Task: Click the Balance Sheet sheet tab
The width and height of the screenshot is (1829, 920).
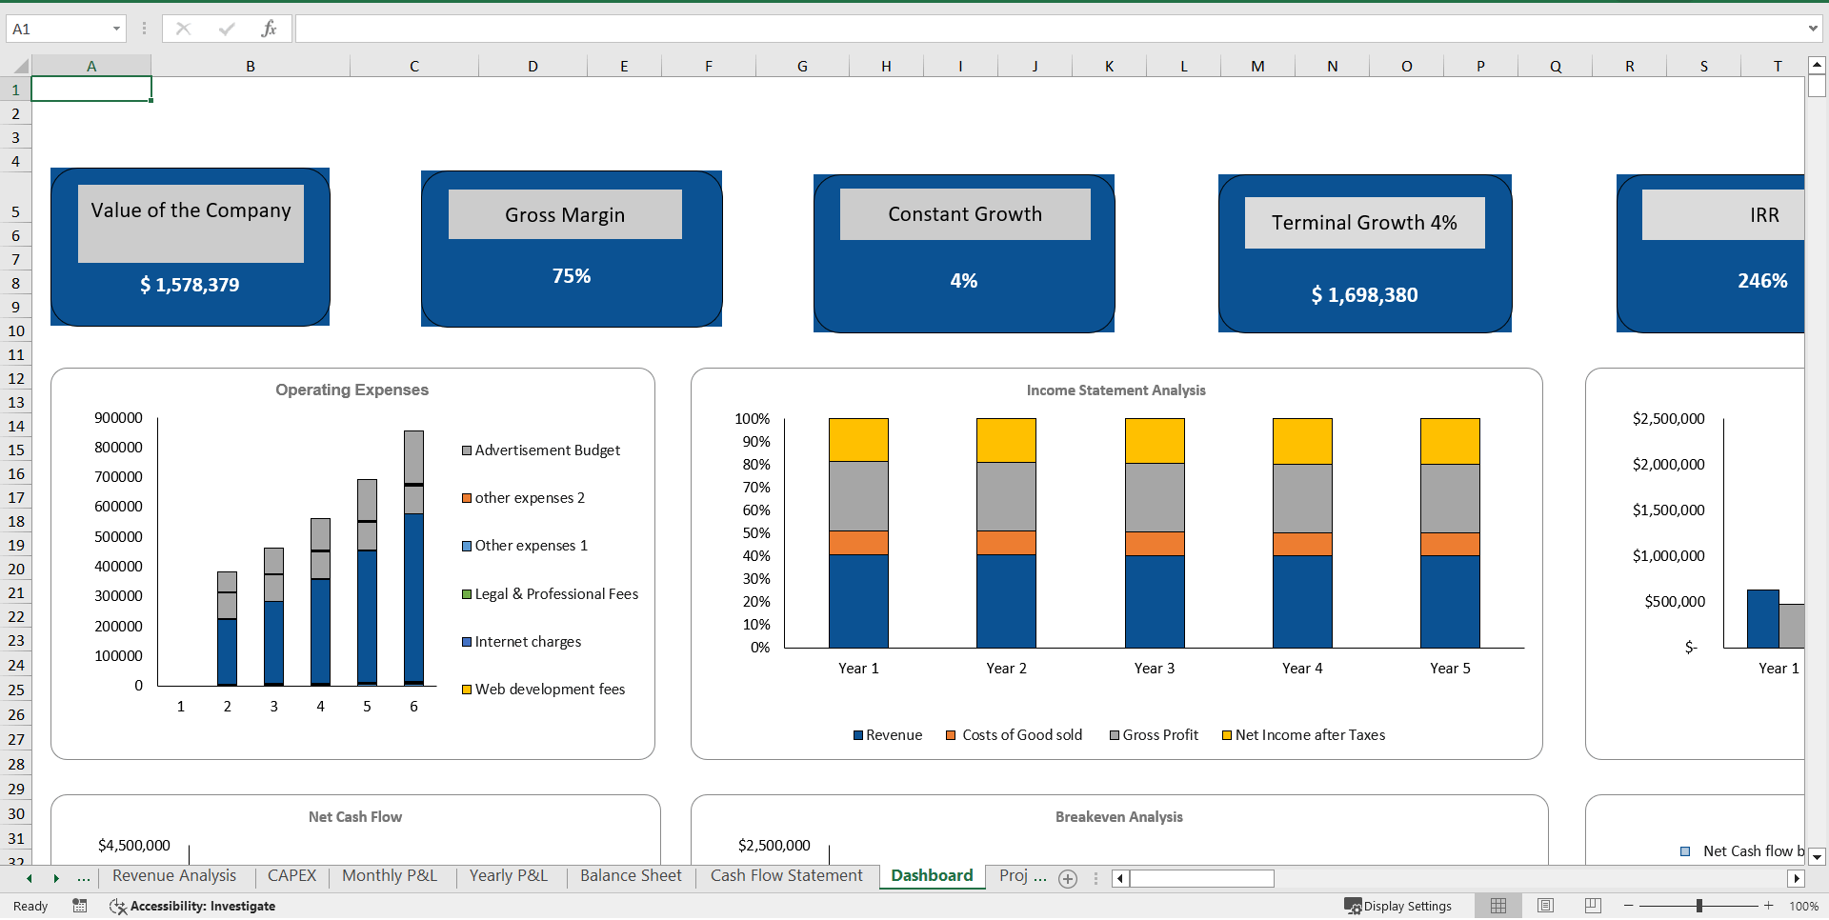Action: (631, 876)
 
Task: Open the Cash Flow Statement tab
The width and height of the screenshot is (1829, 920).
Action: (786, 876)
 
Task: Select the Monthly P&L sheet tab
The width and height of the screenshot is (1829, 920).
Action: (389, 876)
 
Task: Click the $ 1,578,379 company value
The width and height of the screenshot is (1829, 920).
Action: (190, 285)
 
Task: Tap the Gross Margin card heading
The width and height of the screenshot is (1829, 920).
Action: (565, 215)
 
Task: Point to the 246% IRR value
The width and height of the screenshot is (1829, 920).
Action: (1761, 281)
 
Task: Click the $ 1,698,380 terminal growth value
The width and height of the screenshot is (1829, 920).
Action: (1364, 295)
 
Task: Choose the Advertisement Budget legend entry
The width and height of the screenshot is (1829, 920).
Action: (547, 450)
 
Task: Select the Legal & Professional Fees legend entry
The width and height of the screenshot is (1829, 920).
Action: (555, 594)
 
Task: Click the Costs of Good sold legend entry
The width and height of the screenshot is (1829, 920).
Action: (1021, 735)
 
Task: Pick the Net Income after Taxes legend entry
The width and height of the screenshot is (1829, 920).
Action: (1310, 735)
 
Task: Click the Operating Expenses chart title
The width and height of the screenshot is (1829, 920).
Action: (352, 390)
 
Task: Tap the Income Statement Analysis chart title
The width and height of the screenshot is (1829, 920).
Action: (1115, 390)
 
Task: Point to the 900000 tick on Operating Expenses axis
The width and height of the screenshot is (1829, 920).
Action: (118, 418)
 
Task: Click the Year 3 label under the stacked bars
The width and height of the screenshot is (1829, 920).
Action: (1154, 669)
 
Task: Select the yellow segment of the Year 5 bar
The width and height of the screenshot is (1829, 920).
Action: (1450, 441)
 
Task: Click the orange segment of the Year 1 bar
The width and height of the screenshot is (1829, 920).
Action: (858, 543)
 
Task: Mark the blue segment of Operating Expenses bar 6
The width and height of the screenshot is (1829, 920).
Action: (413, 597)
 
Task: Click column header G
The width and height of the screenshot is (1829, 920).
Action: (802, 66)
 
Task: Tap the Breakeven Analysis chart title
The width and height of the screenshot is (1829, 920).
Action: (1118, 817)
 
